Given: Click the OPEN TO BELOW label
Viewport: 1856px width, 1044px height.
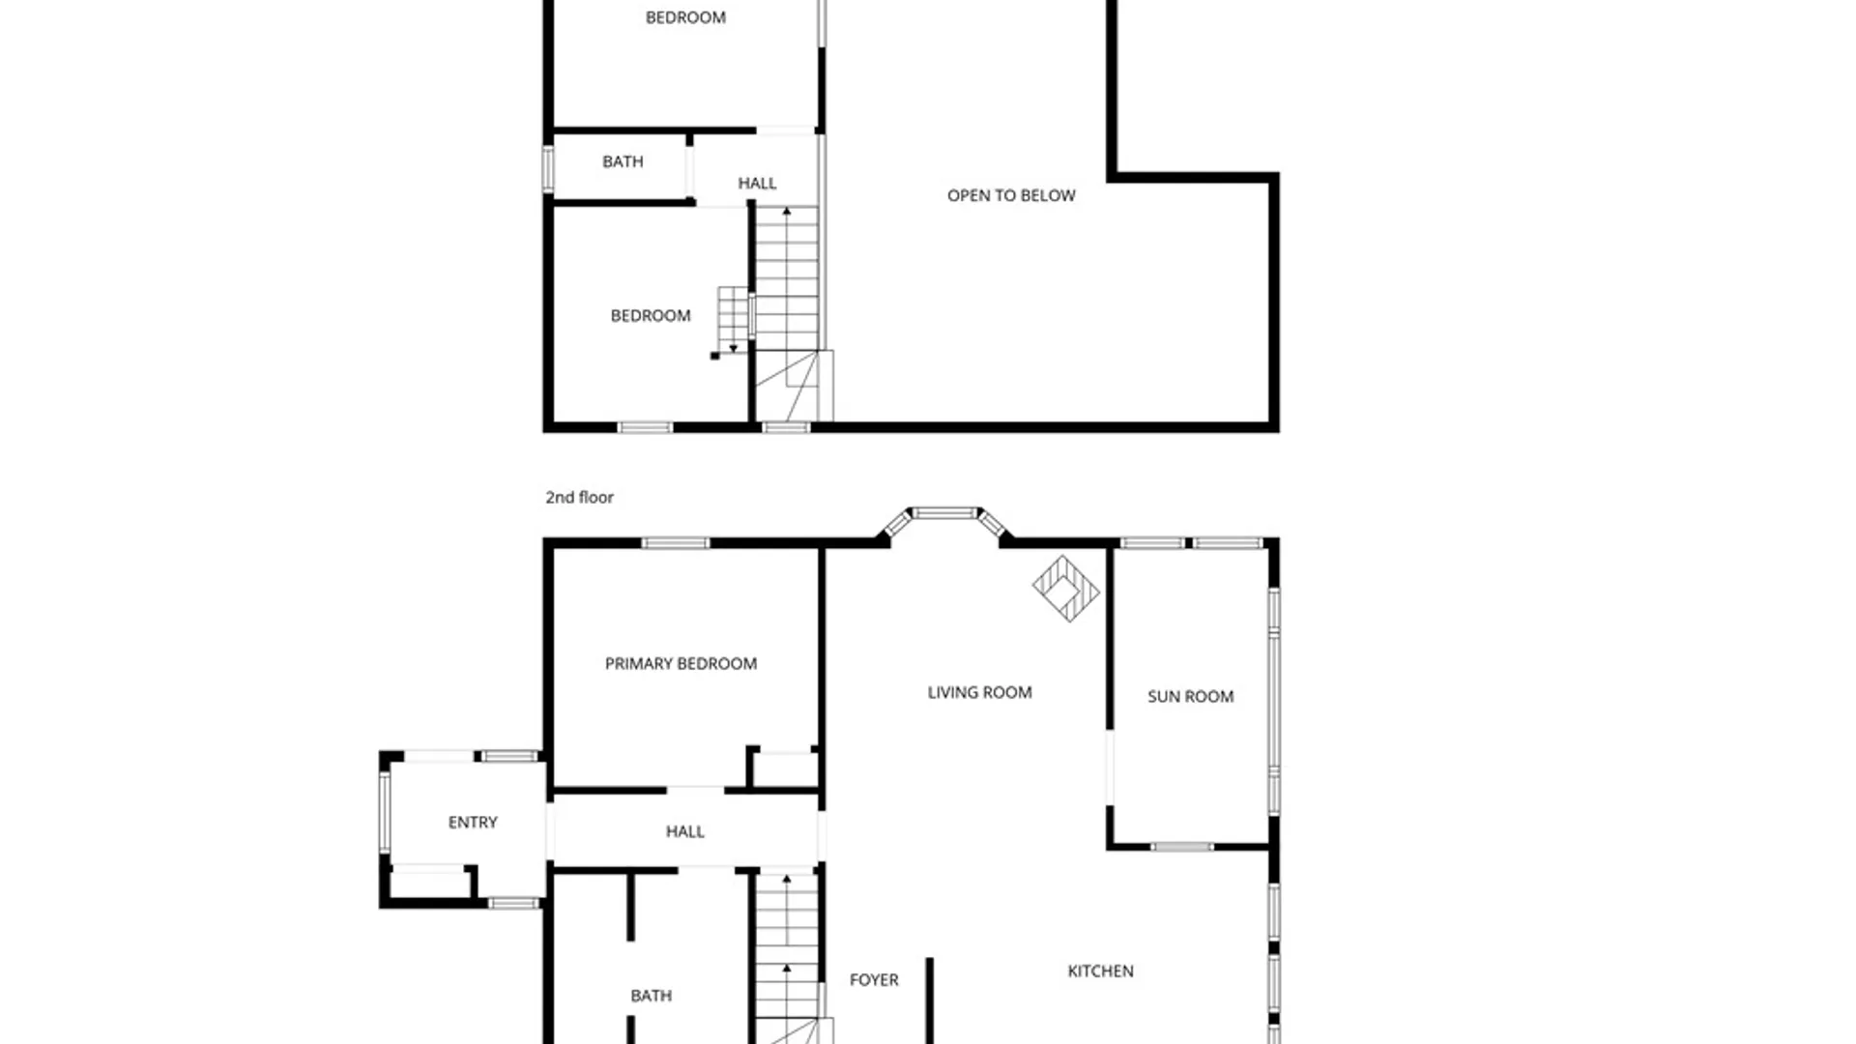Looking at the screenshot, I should [1011, 195].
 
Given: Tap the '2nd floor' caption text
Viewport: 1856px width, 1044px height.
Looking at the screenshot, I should [579, 497].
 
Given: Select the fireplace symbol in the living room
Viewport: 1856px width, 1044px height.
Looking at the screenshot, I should [1065, 588].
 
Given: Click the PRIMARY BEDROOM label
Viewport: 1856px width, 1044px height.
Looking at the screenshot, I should [681, 663].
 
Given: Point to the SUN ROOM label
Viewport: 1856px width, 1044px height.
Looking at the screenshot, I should [1190, 696].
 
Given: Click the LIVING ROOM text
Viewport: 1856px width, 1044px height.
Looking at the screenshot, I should [979, 692].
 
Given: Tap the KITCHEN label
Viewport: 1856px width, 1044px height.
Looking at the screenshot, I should [1100, 971].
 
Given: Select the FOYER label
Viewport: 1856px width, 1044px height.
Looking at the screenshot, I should [874, 979].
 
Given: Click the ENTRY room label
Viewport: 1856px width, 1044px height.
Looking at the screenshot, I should [473, 822].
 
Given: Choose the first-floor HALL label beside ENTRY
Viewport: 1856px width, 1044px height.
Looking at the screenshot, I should [684, 831].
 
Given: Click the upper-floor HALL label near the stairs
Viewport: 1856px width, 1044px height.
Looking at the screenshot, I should [757, 183].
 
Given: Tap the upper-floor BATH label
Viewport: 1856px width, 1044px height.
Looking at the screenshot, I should [623, 161].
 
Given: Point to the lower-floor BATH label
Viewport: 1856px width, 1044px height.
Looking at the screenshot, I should [651, 995].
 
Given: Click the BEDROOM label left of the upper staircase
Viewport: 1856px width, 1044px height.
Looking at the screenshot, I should [651, 315].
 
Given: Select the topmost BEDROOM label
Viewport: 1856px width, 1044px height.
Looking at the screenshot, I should [685, 17].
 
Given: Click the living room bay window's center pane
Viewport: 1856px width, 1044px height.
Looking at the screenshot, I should [944, 513].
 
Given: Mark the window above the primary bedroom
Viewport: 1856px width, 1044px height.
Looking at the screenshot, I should [675, 543].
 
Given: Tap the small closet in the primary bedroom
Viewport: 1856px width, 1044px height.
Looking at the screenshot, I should [785, 770].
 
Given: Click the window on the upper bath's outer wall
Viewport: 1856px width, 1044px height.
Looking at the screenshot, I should [548, 168].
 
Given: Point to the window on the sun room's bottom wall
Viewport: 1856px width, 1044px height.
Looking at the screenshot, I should [1181, 847].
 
